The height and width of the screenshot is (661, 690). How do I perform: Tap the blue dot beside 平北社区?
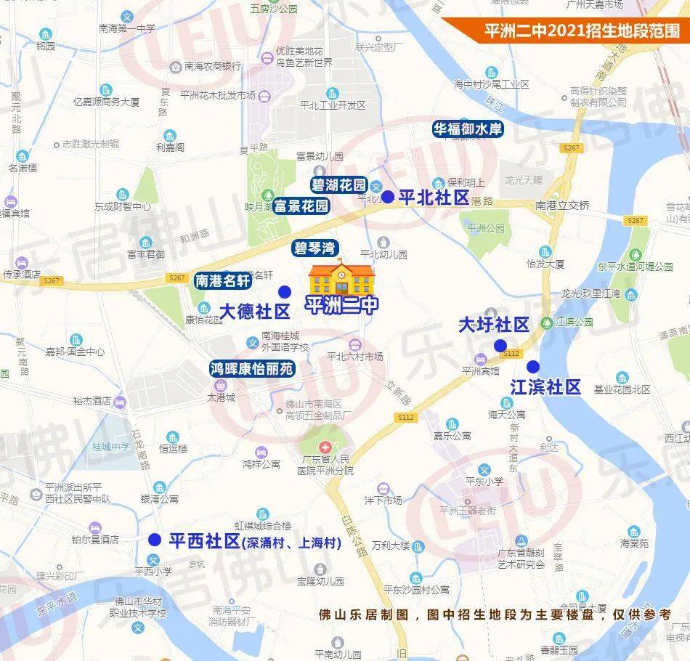pyautogui.click(x=388, y=197)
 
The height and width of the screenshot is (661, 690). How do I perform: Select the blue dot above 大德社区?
pyautogui.click(x=285, y=291)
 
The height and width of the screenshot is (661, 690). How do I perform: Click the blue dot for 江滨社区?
pyautogui.click(x=533, y=366)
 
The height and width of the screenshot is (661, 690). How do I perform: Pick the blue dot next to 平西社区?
pyautogui.click(x=154, y=540)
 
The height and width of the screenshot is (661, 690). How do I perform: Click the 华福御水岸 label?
pyautogui.click(x=468, y=129)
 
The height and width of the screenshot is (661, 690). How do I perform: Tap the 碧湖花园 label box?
pyautogui.click(x=338, y=184)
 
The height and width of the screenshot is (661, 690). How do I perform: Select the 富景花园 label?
pyautogui.click(x=301, y=206)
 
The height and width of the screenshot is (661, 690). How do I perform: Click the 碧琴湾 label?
pyautogui.click(x=315, y=248)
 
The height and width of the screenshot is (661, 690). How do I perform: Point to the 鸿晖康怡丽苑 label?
pyautogui.click(x=252, y=369)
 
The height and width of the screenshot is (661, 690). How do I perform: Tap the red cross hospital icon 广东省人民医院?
pyautogui.click(x=325, y=446)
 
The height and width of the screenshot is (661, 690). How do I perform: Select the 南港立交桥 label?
pyautogui.click(x=562, y=206)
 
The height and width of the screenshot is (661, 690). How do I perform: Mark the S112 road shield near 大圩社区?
pyautogui.click(x=511, y=353)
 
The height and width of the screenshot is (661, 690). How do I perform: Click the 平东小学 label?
pyautogui.click(x=484, y=481)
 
